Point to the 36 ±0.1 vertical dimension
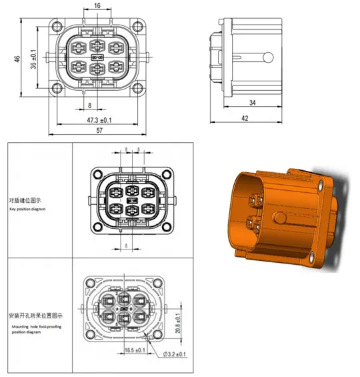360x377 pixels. [x=33, y=59]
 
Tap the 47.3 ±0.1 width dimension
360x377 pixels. [x=98, y=120]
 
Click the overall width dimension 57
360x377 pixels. [x=98, y=131]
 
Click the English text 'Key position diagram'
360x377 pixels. [x=29, y=209]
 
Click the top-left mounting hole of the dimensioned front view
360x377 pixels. [x=62, y=27]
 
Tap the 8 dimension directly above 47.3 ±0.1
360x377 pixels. [x=89, y=105]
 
